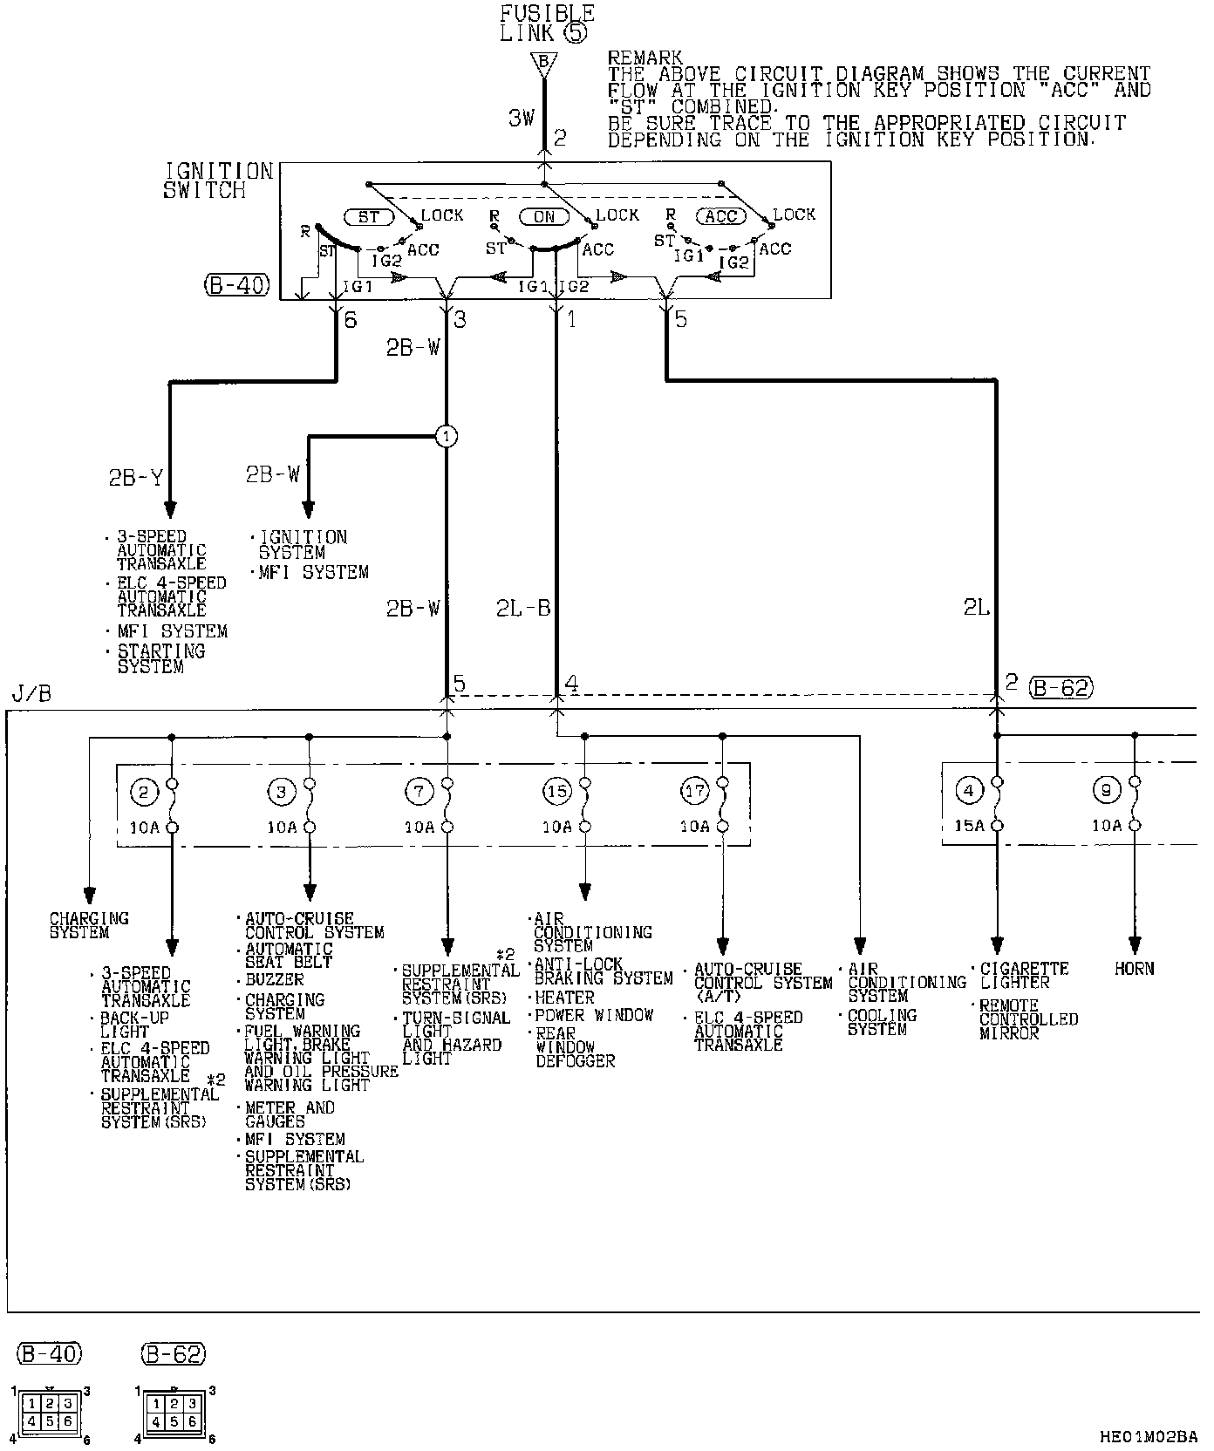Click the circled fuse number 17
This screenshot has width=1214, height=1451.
point(694,792)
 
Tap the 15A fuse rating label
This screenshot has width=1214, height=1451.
point(969,825)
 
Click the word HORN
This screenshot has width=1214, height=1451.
point(1134,968)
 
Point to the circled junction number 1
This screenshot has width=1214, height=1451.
point(446,436)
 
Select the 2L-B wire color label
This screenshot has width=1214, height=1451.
point(523,608)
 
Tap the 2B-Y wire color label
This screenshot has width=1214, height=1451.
point(135,478)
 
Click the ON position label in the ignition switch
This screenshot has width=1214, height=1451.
point(543,216)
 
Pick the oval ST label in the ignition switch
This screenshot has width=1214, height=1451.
point(369,215)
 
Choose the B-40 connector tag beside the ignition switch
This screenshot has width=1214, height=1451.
point(237,284)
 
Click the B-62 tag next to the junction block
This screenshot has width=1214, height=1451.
point(1061,687)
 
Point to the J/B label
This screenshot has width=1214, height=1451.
point(32,694)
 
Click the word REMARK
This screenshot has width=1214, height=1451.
point(645,58)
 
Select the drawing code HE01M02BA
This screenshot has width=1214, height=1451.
point(1149,1436)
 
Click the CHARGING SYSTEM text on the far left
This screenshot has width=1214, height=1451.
point(88,925)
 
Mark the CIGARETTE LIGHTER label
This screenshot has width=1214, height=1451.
point(1024,975)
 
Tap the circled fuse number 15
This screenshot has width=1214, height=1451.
point(556,792)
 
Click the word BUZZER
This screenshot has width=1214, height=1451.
point(274,979)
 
